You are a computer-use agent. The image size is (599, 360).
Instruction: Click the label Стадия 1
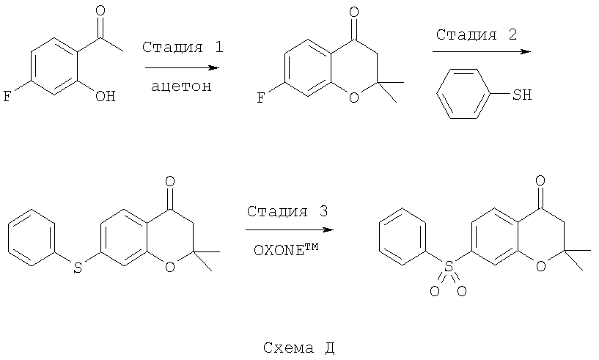(183, 48)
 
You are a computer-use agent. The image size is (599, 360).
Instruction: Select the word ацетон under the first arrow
(181, 87)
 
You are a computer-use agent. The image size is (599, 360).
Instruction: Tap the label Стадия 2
(477, 34)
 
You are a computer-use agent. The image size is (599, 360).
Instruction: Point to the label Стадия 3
(287, 211)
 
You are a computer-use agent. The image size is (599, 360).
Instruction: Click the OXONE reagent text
(286, 250)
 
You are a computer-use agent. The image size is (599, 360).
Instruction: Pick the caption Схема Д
(298, 348)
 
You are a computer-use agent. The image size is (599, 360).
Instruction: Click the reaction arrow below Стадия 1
(183, 68)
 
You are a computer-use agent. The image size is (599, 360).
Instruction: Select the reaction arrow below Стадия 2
(482, 51)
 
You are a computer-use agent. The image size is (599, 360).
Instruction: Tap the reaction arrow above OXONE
(290, 229)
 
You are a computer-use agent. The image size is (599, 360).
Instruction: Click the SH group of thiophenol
(522, 95)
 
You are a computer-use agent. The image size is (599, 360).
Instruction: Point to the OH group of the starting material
(106, 96)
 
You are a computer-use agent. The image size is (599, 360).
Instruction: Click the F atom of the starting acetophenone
(7, 96)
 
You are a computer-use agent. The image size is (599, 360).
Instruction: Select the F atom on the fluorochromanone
(260, 98)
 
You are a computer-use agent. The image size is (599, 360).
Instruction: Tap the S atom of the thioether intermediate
(78, 268)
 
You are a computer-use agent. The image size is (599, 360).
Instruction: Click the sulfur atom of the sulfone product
(449, 266)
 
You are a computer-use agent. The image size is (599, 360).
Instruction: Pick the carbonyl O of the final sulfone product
(540, 181)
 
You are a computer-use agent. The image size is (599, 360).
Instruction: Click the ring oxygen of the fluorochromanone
(354, 98)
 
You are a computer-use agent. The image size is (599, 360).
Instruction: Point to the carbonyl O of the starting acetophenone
(100, 10)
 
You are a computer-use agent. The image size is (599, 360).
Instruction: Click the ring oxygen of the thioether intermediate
(170, 266)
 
